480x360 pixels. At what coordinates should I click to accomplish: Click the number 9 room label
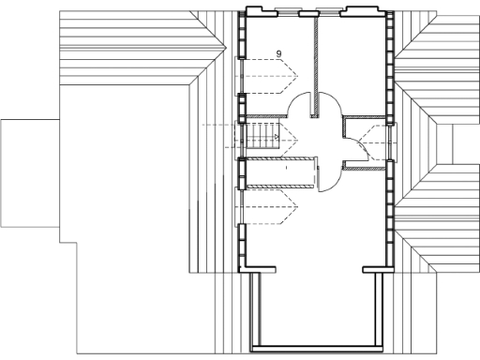[279, 52]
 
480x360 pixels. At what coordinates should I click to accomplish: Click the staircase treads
[262, 136]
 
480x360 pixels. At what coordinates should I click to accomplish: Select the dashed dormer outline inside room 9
[268, 69]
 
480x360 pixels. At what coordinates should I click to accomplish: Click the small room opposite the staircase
[367, 142]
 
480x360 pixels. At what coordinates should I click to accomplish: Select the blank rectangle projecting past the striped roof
[28, 173]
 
